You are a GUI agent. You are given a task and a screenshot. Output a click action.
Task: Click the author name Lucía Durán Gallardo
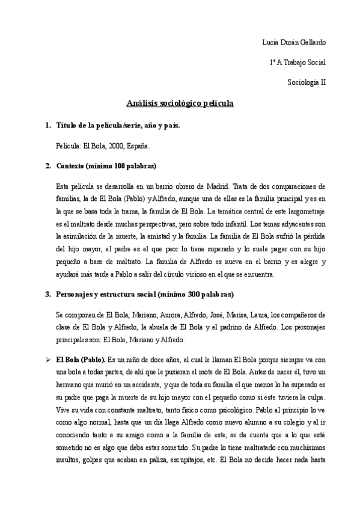(294, 42)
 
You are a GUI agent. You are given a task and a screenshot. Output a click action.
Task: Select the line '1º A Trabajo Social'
(298, 62)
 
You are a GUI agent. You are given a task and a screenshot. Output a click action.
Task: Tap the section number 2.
(47, 165)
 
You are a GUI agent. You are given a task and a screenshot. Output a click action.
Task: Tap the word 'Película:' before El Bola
(68, 146)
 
